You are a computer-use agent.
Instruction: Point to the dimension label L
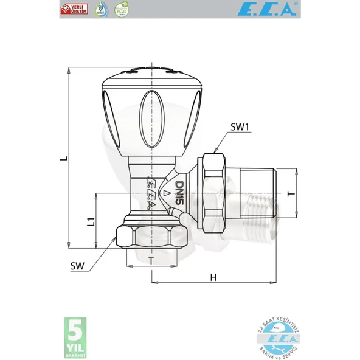[63, 159]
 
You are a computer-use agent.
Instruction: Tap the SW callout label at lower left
[77, 265]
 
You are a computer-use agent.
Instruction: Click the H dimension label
[213, 277]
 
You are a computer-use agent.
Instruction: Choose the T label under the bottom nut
[151, 259]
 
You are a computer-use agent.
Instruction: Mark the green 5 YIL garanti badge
[75, 337]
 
